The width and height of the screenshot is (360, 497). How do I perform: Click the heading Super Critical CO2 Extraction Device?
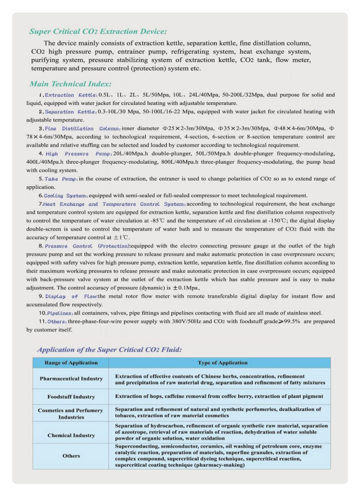pos(98,31)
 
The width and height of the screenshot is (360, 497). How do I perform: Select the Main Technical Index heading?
pos(70,84)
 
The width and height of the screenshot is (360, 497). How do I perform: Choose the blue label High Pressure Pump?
pos(75,153)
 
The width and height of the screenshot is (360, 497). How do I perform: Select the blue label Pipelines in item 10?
pos(60,313)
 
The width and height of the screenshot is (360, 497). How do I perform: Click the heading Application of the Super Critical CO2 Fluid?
pos(109,349)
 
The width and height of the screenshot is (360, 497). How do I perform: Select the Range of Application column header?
pos(71,363)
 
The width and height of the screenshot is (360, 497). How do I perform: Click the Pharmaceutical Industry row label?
pos(71,379)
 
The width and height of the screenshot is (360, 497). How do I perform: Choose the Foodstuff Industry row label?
pos(71,397)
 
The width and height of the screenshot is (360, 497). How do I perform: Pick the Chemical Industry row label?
pos(71,435)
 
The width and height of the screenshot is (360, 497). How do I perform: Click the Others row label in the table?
pos(71,456)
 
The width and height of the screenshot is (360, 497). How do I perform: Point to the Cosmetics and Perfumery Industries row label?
pos(71,414)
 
